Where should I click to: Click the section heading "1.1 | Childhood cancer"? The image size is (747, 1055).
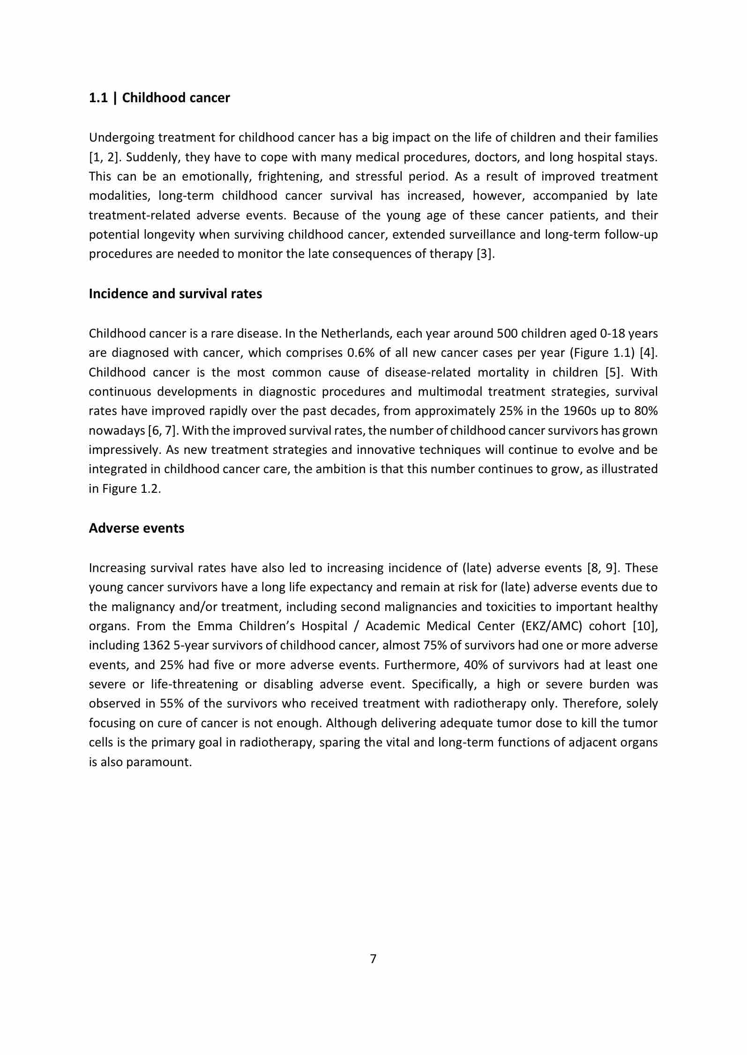pos(159,98)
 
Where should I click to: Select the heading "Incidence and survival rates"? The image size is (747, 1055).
pos(175,294)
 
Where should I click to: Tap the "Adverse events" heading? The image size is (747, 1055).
pos(136,528)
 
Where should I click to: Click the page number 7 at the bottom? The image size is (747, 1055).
pos(373,959)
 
